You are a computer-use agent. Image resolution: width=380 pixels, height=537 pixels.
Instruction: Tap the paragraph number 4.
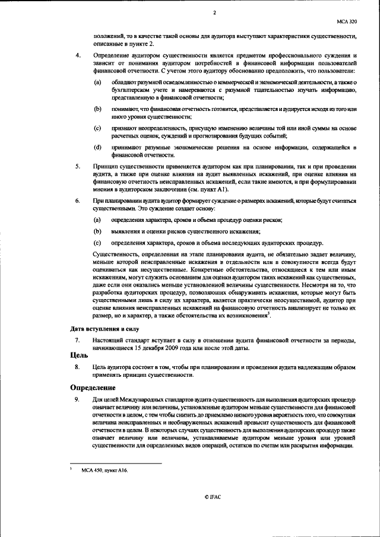click(x=78, y=55)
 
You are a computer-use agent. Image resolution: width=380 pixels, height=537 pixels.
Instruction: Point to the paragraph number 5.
click(x=78, y=167)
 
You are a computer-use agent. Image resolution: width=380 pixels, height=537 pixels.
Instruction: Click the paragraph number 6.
click(x=78, y=202)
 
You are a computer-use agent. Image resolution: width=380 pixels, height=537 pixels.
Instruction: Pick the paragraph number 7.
click(x=78, y=340)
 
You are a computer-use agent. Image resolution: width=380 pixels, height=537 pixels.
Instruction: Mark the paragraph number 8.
click(x=78, y=367)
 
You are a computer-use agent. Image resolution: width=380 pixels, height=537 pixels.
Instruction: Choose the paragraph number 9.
click(x=78, y=401)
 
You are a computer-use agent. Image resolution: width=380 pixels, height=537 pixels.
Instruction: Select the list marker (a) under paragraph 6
click(x=97, y=220)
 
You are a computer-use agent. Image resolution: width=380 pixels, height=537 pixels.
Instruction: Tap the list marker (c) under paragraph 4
click(x=97, y=128)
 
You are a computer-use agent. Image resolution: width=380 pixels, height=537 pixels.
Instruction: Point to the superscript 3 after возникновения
click(x=269, y=313)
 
